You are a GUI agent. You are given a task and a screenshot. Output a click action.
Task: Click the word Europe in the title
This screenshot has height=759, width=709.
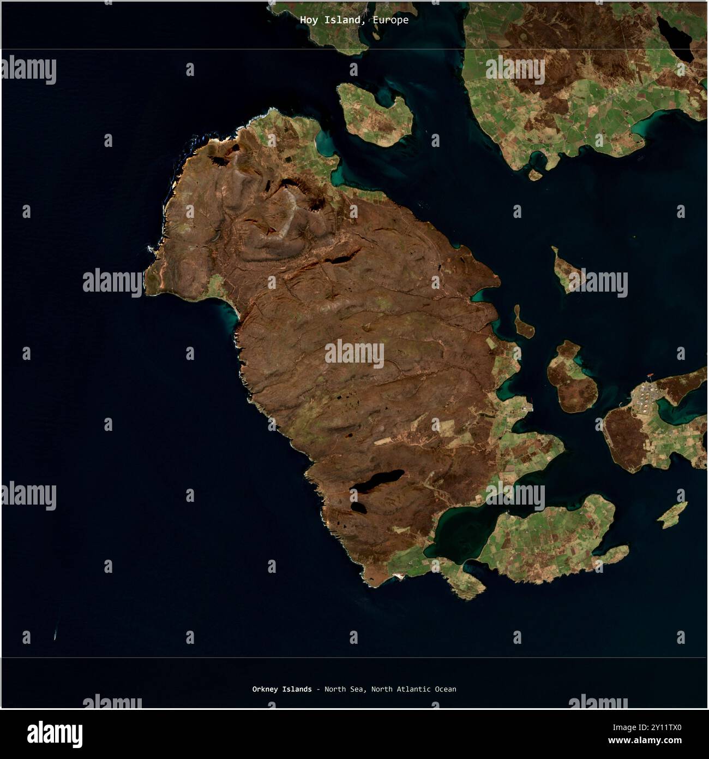[x=390, y=20]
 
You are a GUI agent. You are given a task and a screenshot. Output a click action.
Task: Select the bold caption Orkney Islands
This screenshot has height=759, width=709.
[x=282, y=689]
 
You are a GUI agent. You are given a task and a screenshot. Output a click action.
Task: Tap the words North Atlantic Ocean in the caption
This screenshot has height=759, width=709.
[x=413, y=689]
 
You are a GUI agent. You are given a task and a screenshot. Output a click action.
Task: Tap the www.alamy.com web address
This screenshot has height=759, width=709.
[x=645, y=741]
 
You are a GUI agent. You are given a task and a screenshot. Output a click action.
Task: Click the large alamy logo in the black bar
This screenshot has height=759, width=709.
[x=55, y=734]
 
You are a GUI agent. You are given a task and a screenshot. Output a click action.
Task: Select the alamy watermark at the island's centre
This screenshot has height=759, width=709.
[x=354, y=354]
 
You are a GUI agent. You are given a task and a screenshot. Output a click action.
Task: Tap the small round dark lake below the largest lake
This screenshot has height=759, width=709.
[x=358, y=507]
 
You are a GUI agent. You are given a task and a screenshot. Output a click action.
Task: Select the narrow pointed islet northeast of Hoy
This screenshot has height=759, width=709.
[x=565, y=269]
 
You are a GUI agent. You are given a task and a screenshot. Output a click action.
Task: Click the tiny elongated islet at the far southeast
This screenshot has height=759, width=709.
[x=672, y=515]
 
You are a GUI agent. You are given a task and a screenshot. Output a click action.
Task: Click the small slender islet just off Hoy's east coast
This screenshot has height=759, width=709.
[x=523, y=323]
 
